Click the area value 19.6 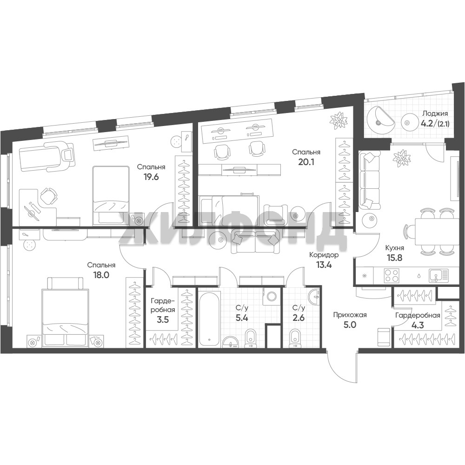151,177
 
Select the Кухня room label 394,248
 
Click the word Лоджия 435,113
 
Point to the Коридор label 324,255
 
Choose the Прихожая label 350,315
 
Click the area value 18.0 101,275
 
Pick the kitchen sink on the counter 438,275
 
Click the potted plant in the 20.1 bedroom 339,120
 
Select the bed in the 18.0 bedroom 65,312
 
